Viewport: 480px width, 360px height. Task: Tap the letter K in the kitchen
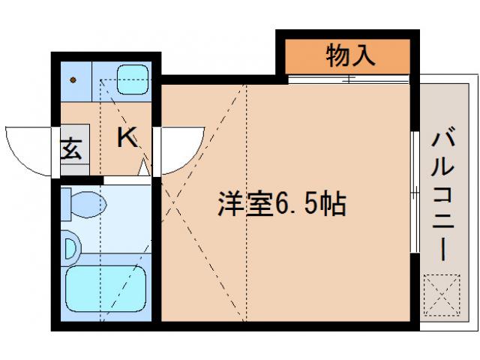(127, 137)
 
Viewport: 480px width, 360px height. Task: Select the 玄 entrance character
(72, 150)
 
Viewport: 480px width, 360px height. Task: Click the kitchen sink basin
(133, 76)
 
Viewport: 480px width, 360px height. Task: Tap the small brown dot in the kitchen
(74, 78)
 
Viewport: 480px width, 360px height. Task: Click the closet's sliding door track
(349, 77)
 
